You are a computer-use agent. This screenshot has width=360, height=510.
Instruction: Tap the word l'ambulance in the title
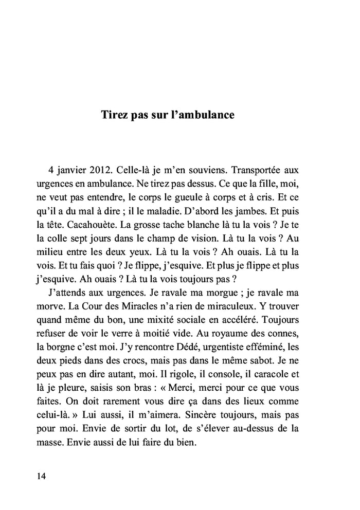pyautogui.click(x=202, y=115)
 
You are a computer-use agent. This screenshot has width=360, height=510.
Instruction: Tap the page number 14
pyautogui.click(x=42, y=476)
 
